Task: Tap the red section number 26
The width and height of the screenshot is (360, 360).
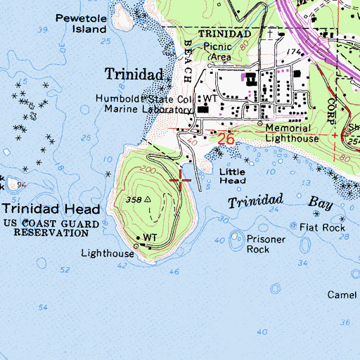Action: (225, 139)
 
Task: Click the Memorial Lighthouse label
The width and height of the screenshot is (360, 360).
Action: (292, 134)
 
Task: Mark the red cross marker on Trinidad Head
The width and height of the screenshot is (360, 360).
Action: (181, 181)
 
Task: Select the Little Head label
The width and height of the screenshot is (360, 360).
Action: (232, 176)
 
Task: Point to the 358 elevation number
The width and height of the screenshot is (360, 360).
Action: (135, 200)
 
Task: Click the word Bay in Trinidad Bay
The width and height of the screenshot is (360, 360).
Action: (323, 203)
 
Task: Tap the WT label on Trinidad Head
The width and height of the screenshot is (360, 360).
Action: (150, 238)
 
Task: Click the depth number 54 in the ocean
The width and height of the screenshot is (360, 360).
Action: (44, 307)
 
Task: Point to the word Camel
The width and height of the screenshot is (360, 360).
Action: (342, 295)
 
